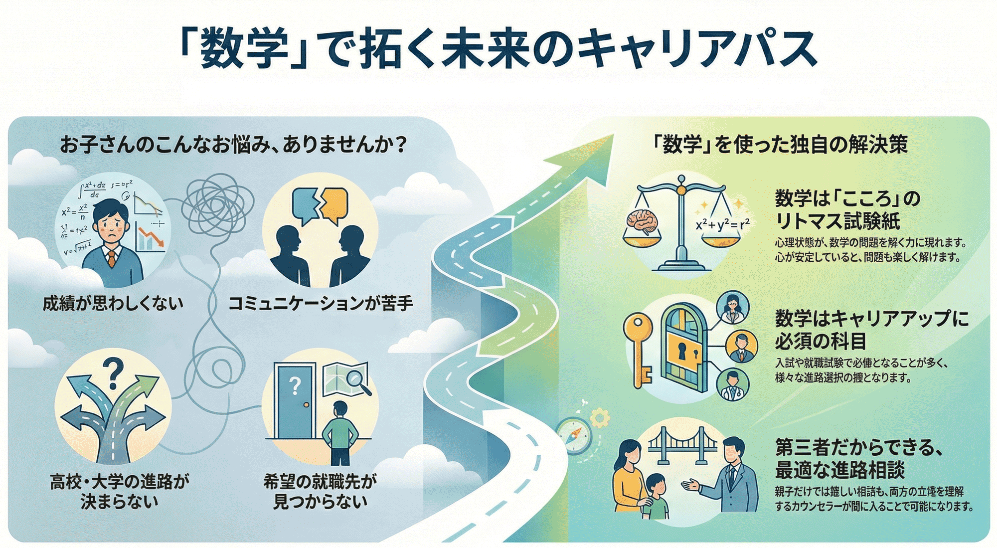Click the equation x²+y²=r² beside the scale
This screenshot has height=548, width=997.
tap(722, 225)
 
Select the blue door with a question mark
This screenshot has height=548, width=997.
tap(295, 402)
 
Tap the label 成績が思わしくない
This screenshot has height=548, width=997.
tap(113, 303)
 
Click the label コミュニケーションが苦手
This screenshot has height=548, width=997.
tap(321, 303)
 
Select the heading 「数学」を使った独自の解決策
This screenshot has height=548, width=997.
tap(780, 145)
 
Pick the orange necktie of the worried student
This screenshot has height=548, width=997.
tap(112, 259)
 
